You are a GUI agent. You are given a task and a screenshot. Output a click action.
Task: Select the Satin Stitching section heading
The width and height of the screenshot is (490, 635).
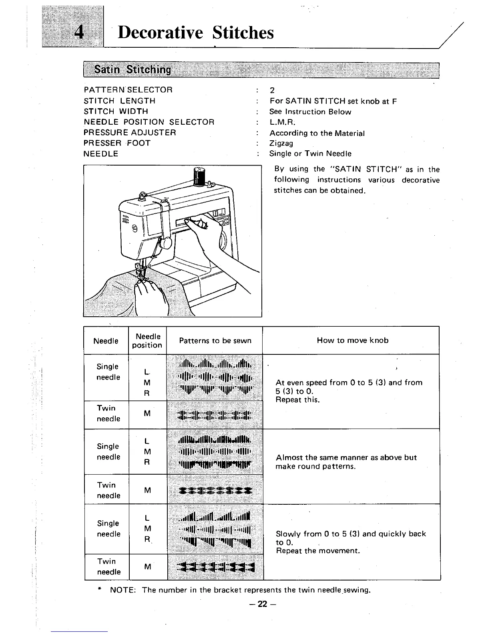click(x=132, y=70)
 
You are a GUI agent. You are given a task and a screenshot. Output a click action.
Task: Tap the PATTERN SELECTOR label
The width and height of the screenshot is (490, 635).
click(x=128, y=90)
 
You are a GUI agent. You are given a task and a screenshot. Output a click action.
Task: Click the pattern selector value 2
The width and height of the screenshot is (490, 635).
click(x=272, y=91)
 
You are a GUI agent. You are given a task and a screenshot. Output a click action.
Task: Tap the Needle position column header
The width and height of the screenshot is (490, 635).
click(x=147, y=341)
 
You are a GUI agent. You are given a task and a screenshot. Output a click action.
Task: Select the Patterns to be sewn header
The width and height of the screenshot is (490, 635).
click(x=215, y=341)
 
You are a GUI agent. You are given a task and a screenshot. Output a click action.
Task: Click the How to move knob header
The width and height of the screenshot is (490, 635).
click(x=352, y=340)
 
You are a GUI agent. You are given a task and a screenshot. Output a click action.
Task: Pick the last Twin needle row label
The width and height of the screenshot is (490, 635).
click(x=108, y=566)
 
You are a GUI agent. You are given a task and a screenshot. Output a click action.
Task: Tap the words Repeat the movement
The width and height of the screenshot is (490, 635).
click(x=318, y=551)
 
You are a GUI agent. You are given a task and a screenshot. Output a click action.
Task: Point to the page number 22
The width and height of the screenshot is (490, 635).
click(x=262, y=605)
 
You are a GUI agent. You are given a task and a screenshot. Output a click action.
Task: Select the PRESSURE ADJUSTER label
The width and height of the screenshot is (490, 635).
click(x=130, y=133)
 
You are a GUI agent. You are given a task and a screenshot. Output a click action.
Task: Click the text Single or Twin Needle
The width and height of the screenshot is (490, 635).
click(x=310, y=154)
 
